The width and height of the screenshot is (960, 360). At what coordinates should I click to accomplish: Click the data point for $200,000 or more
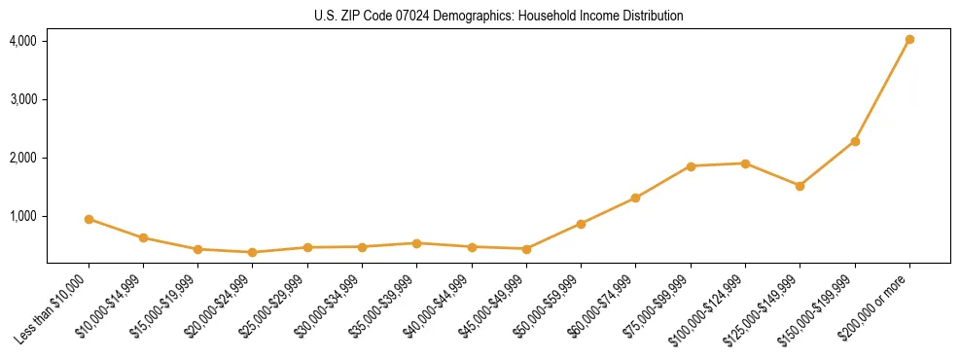tap(909, 40)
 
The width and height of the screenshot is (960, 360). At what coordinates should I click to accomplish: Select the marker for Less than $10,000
tap(89, 219)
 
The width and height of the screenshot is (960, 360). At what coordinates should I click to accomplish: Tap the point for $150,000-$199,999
tap(855, 142)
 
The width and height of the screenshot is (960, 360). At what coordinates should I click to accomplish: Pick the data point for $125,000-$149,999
tap(800, 186)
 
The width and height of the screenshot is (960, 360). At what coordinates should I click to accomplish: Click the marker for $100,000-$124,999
tap(745, 163)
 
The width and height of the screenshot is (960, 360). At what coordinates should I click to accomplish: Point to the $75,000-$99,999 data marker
tap(691, 166)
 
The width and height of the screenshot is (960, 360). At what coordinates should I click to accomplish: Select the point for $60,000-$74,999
tap(635, 198)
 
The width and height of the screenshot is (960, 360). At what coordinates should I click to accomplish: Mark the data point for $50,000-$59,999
tap(581, 224)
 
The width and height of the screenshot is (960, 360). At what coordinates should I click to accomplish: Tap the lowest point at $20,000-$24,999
tap(253, 252)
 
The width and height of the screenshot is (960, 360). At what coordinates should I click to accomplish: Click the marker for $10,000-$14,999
tap(143, 237)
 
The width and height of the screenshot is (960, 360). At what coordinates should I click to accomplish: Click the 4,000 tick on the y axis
tap(23, 41)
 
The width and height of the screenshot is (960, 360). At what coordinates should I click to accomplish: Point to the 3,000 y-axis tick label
tap(23, 99)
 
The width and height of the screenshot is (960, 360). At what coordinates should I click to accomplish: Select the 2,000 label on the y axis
tap(23, 158)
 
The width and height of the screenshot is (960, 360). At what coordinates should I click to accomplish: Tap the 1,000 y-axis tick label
tap(23, 216)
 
